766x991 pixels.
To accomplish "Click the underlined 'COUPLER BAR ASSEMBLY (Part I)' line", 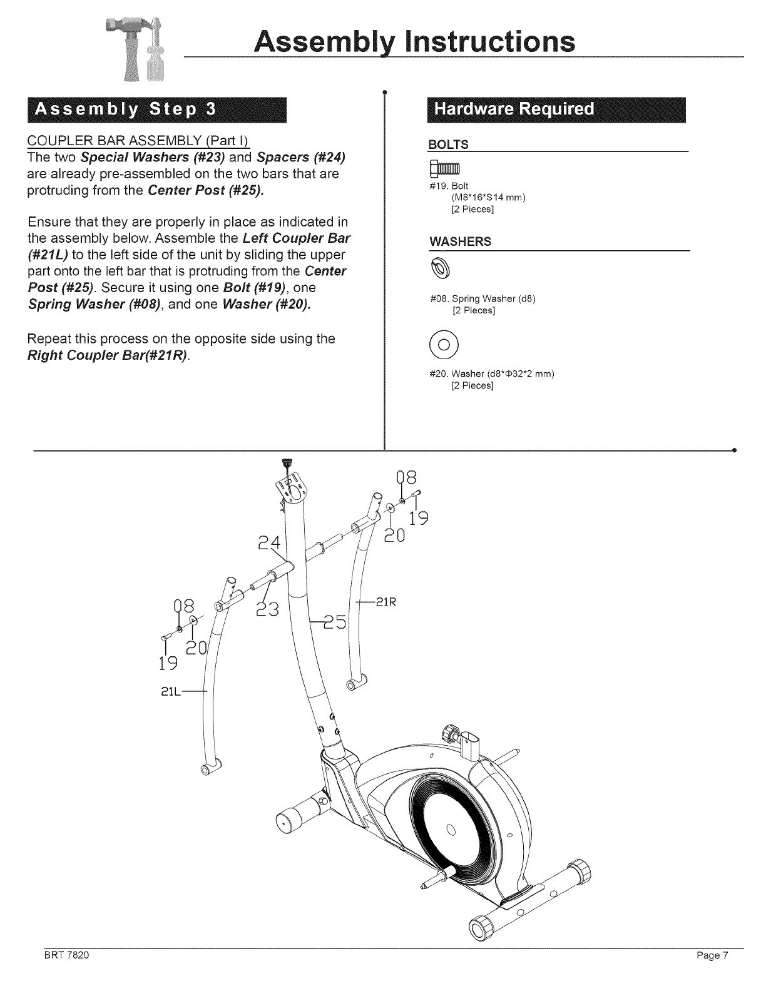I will (140, 139).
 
